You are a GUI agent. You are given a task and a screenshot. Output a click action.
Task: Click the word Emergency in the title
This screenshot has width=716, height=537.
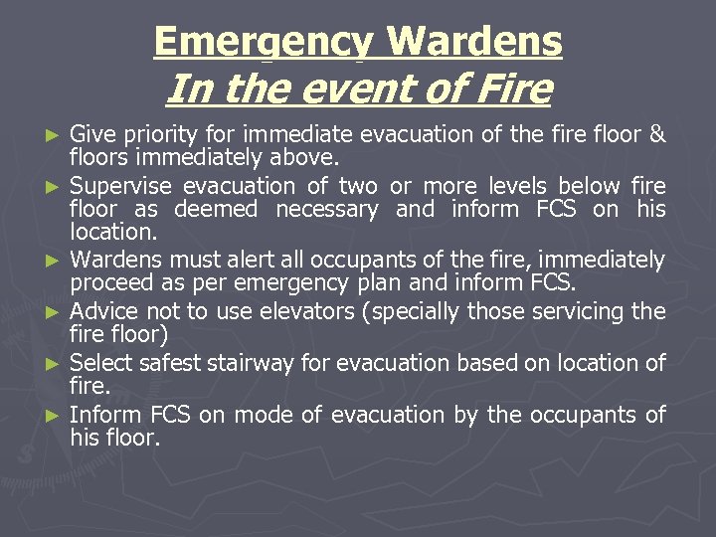click(265, 42)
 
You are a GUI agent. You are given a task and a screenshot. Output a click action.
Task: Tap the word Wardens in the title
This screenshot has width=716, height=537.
click(474, 42)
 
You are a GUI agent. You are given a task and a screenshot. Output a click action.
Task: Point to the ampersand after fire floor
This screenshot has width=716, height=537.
click(656, 134)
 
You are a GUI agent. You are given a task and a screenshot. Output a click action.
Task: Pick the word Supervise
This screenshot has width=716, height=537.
click(119, 186)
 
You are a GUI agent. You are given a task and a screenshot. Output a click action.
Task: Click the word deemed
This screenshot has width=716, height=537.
click(216, 210)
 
